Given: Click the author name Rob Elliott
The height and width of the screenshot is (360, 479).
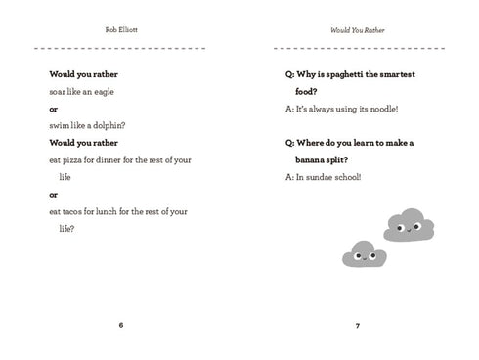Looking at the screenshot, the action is (x=120, y=29).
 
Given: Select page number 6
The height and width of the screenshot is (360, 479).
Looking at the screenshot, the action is (x=120, y=325).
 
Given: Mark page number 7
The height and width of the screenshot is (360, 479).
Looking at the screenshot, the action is (x=359, y=325).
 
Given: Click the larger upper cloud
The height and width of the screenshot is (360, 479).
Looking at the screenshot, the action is (x=411, y=225).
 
